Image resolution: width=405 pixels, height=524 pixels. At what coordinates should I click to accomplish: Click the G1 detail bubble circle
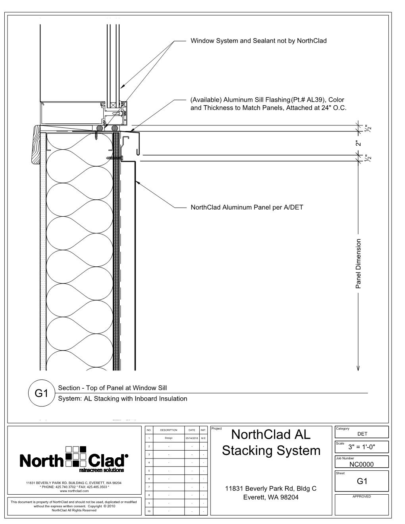pos(41,393)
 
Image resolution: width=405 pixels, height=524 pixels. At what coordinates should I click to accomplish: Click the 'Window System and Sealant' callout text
pos(258,40)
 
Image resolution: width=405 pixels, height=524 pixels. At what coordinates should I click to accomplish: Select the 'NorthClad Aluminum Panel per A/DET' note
pos(247,207)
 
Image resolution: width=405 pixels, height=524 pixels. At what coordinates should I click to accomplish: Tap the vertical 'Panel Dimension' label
pos(359,263)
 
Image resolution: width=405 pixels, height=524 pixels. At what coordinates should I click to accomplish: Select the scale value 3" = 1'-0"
pos(362,447)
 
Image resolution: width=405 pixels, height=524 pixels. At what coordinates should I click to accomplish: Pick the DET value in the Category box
pos(362,434)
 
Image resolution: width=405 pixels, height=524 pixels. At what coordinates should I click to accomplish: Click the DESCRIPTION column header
pos(169,430)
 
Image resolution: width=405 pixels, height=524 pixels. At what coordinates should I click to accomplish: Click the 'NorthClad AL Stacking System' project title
pos(271,443)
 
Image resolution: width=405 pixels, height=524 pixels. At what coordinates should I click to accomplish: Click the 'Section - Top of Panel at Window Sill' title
pos(112,388)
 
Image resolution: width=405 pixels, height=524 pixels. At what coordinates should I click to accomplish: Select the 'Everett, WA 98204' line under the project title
pos(271,497)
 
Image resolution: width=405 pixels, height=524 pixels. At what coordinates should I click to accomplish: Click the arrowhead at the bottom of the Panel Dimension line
pos(359,368)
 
